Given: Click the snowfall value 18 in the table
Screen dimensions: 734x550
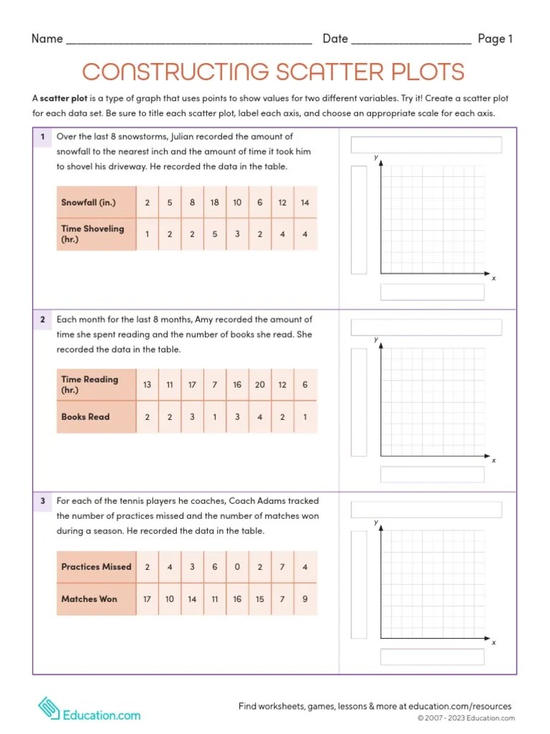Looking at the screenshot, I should click(x=214, y=203).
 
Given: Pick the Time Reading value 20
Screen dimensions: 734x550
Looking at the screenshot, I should click(x=259, y=385).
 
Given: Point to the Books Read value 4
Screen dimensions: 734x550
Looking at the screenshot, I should click(x=259, y=416).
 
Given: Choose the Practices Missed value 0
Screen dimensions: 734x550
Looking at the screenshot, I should click(x=237, y=567).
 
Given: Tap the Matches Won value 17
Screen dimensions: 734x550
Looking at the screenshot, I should click(x=147, y=599).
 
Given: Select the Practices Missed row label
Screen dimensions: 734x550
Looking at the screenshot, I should click(x=97, y=567).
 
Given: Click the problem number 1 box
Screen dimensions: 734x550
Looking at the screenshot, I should click(x=42, y=136).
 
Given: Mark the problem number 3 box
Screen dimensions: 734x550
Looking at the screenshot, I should click(x=42, y=501).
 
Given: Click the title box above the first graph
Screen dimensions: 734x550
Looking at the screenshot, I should click(x=426, y=145).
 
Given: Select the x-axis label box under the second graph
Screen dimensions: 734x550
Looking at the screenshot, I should click(x=432, y=475).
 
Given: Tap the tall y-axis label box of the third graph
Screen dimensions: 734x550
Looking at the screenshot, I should click(x=359, y=585).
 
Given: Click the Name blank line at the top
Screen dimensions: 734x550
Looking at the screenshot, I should click(x=188, y=40).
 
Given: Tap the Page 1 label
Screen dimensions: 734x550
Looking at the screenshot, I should click(x=495, y=39).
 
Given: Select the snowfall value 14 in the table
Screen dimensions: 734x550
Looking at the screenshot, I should click(x=304, y=203).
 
